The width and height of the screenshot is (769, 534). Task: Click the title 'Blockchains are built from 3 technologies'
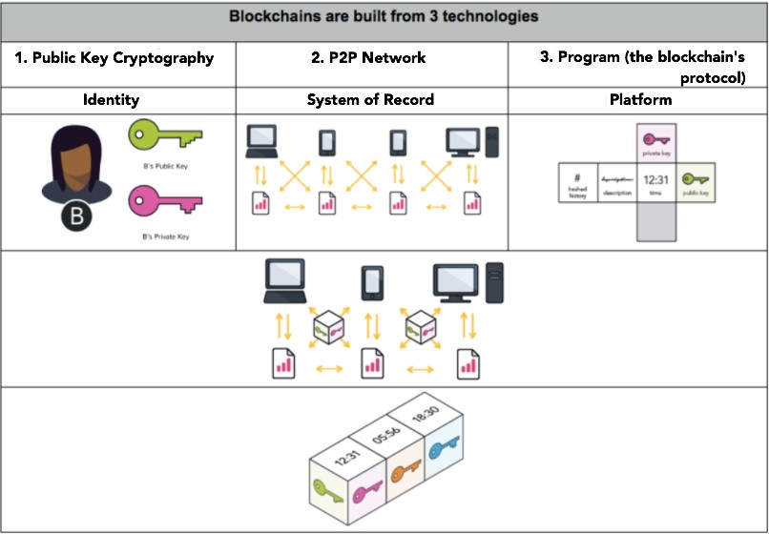(384, 16)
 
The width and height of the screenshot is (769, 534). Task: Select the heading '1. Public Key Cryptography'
(114, 57)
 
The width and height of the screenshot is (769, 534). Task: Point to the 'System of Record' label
(370, 99)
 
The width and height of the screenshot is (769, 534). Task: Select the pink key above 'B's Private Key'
(165, 202)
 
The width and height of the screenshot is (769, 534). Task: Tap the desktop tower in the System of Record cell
(491, 142)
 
